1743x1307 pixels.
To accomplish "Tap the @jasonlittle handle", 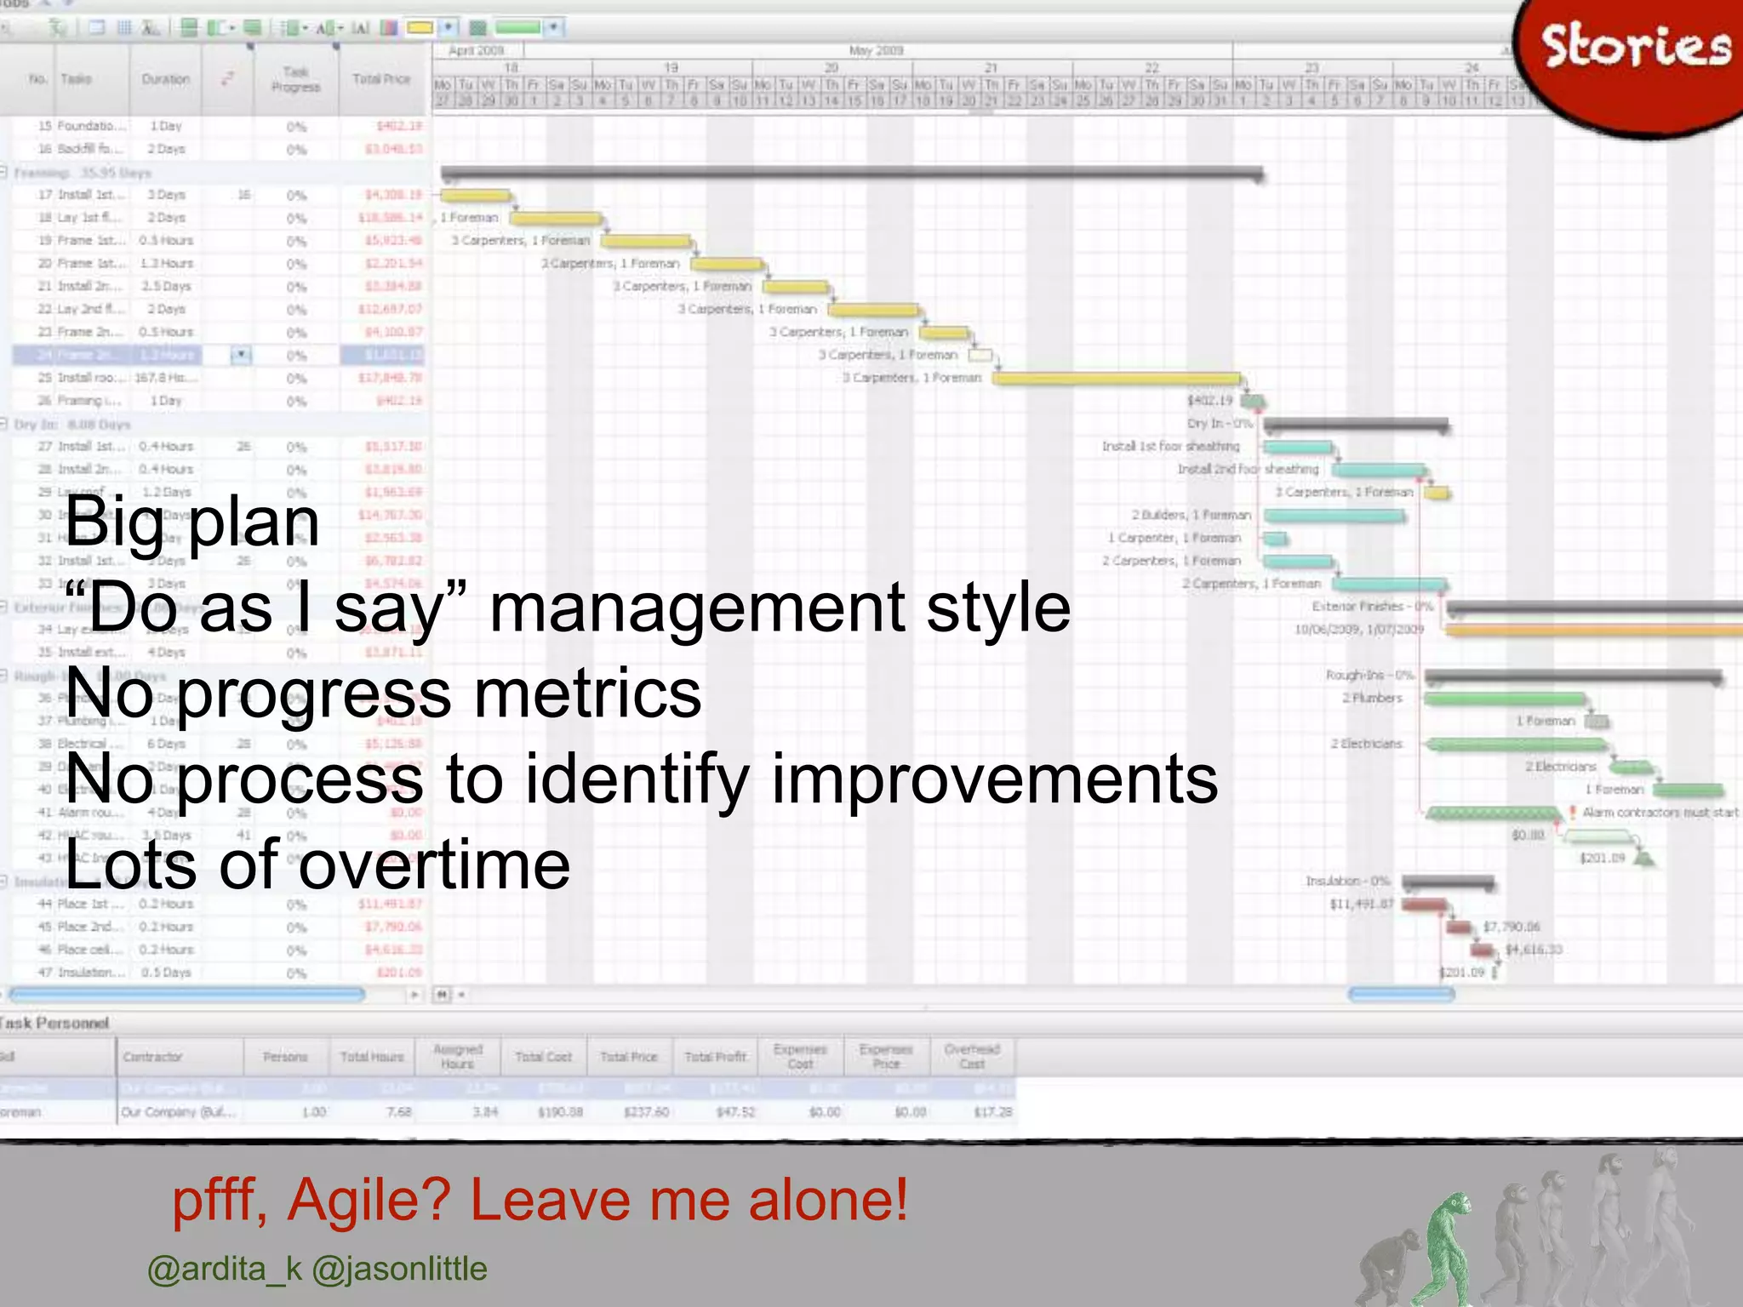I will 399,1269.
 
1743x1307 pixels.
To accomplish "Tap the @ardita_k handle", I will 225,1269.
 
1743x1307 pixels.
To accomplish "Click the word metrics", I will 587,693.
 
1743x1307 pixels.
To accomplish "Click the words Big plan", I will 191,521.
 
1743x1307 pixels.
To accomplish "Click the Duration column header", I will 165,79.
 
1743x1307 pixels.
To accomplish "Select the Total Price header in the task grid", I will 381,79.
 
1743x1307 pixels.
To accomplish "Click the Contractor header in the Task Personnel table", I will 152,1057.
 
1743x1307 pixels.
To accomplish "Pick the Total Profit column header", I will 715,1057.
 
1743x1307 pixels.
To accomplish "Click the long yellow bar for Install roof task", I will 1115,378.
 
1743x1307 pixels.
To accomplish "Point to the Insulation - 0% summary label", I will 1347,881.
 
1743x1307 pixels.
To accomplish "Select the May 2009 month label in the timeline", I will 876,50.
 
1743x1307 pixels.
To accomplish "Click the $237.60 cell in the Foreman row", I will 646,1112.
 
